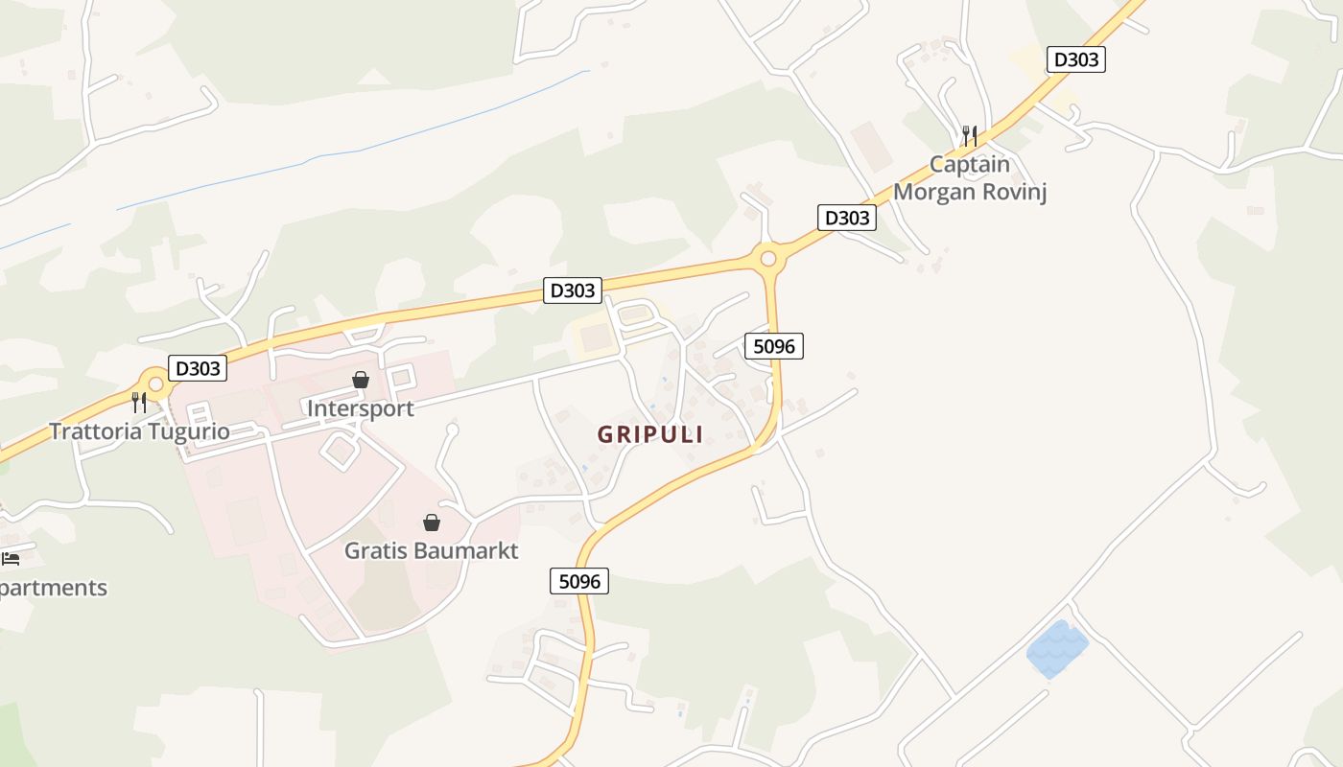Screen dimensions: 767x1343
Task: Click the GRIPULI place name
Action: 650,434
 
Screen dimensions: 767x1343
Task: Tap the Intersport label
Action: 360,408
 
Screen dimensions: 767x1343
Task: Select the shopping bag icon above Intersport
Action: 361,381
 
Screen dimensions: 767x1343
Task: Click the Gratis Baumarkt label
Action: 431,550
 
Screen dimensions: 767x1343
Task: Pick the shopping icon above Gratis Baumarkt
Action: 432,523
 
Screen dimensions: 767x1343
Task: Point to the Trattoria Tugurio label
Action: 139,431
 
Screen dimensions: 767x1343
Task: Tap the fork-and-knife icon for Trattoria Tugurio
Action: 139,402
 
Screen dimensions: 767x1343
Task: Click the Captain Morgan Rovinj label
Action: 969,177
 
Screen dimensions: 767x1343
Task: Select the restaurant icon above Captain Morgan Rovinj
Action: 970,135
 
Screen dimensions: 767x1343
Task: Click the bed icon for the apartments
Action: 11,558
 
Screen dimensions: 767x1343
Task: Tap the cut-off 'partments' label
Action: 54,588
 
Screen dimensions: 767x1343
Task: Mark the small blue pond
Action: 1057,648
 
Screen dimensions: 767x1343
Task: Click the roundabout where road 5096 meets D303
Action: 767,258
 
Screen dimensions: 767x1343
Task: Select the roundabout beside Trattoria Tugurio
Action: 155,384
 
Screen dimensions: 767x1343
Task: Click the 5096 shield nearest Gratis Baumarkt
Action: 579,581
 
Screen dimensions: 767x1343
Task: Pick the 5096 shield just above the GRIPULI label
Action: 773,346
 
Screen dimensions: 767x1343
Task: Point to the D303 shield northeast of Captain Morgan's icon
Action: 1075,59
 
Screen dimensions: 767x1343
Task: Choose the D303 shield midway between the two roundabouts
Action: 573,290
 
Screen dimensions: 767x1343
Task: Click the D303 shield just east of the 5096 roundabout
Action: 847,218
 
